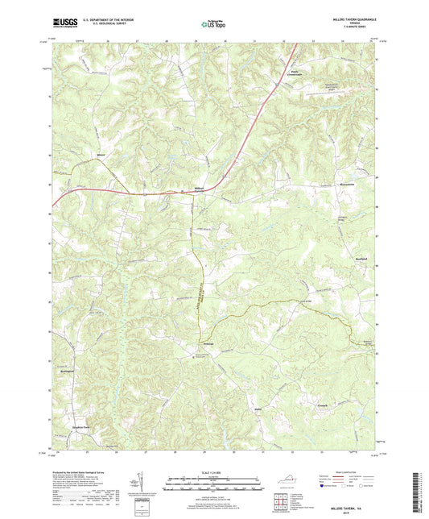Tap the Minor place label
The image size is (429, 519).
(x=101, y=153)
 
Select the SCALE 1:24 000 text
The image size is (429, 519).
(x=214, y=471)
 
